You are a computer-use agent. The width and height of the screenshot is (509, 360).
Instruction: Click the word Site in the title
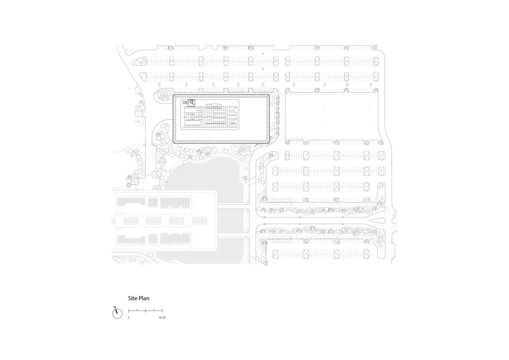pyautogui.click(x=133, y=298)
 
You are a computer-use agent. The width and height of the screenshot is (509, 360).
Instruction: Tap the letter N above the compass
pyautogui.click(x=115, y=307)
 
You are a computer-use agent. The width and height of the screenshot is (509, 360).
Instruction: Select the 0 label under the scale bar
pyautogui.click(x=129, y=318)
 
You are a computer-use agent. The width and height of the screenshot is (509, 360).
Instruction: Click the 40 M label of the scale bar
pyautogui.click(x=162, y=318)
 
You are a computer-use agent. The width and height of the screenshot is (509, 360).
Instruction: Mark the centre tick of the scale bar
pyautogui.click(x=145, y=310)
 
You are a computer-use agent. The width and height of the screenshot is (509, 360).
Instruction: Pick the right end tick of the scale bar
pyautogui.click(x=162, y=310)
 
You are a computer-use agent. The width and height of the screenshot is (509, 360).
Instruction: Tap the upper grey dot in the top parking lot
pyautogui.click(x=263, y=53)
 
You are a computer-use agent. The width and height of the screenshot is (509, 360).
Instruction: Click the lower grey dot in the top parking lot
pyautogui.click(x=263, y=68)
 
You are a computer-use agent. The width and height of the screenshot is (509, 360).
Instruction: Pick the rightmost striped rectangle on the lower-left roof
pyautogui.click(x=200, y=220)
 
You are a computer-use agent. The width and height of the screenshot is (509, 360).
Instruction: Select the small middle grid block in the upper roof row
pyautogui.click(x=153, y=202)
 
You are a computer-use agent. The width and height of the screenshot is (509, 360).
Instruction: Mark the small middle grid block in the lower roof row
pyautogui.click(x=153, y=238)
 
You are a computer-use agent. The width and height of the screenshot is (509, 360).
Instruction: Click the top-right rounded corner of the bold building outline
pyautogui.click(x=268, y=96)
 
